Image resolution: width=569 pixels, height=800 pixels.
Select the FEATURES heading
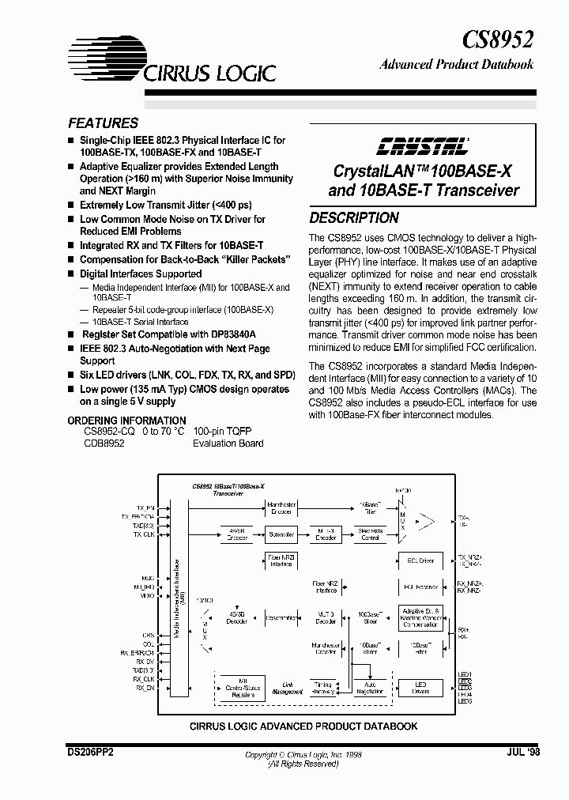[103, 123]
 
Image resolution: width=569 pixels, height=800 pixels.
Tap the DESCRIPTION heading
[353, 218]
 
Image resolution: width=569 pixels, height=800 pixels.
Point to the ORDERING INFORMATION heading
[126, 421]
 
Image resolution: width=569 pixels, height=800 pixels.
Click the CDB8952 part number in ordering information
[104, 443]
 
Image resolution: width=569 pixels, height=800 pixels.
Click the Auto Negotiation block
[370, 687]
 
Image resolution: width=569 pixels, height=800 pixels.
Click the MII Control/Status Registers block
[243, 687]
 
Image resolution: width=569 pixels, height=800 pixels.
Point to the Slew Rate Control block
[370, 534]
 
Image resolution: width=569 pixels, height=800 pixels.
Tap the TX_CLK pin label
[144, 534]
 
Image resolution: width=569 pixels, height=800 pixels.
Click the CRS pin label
[148, 635]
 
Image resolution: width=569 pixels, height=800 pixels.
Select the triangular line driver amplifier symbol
[425, 520]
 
